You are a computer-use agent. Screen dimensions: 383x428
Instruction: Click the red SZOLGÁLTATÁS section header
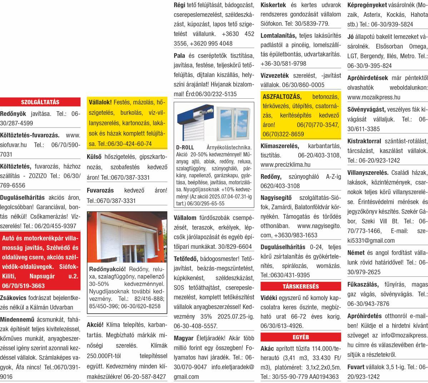(x=40, y=102)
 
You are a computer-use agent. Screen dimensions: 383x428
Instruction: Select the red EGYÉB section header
(x=300, y=337)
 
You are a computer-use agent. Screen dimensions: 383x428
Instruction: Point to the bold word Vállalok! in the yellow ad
(x=100, y=102)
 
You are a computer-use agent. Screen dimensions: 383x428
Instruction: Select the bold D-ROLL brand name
(x=185, y=147)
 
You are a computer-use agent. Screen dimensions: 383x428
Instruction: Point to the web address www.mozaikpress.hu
(x=374, y=97)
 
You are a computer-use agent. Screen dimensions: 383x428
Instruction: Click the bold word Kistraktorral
(x=364, y=141)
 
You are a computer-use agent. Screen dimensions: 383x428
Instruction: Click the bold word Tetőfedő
(x=186, y=258)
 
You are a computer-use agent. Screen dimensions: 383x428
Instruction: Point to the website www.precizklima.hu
(x=285, y=165)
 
